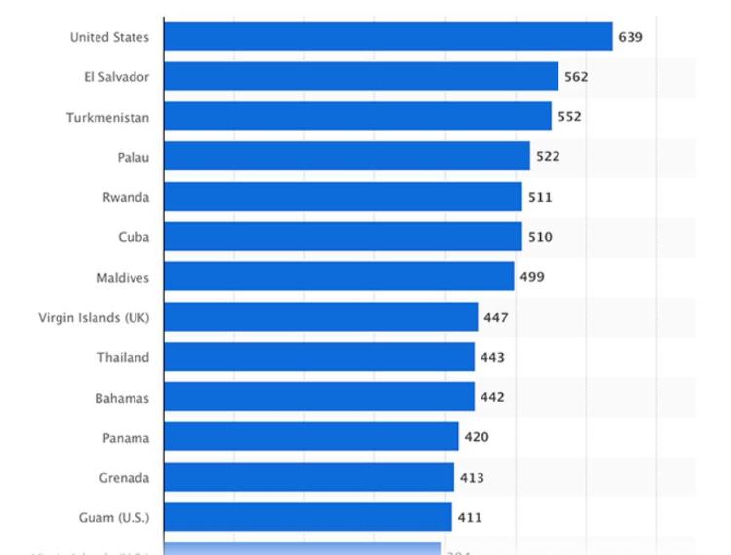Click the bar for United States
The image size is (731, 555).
(x=388, y=37)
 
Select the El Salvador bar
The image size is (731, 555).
(x=361, y=76)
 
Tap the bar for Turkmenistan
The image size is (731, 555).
(x=357, y=116)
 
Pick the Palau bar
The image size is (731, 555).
(x=347, y=156)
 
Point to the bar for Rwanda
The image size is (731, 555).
(x=343, y=197)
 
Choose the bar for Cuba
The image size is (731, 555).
(x=343, y=237)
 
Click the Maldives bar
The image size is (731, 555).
(x=338, y=277)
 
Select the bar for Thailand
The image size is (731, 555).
(x=319, y=357)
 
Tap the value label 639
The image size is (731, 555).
(x=630, y=37)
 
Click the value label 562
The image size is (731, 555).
(x=576, y=76)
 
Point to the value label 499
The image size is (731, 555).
(x=532, y=277)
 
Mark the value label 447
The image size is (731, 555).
(x=496, y=317)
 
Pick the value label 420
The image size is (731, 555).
(x=477, y=437)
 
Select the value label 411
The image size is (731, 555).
(x=470, y=517)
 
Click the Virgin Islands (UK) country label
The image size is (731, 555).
(x=94, y=317)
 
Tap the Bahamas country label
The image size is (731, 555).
(x=123, y=397)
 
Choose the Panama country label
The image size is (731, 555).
(x=126, y=437)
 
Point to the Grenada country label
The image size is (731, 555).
(x=124, y=477)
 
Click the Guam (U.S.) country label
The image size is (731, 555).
(x=114, y=517)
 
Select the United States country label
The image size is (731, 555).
(x=109, y=37)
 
